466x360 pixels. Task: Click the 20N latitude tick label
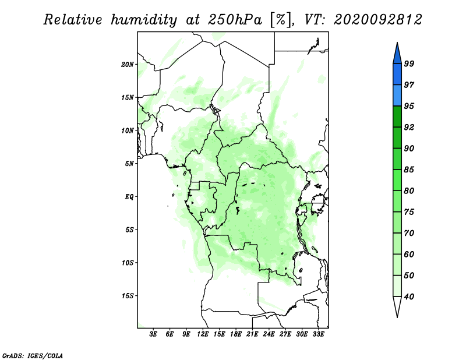[x=128, y=65]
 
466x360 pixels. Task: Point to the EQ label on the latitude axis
[x=129, y=197]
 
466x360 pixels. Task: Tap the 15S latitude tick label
[x=128, y=296]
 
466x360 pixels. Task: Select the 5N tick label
[x=129, y=164]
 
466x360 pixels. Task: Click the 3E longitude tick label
[x=153, y=334]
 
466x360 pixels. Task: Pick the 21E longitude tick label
[x=252, y=334]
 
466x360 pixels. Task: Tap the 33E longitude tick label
[x=318, y=334]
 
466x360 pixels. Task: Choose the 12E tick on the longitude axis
[x=203, y=334]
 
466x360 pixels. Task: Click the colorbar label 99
[x=409, y=63]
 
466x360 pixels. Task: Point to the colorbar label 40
[x=409, y=297]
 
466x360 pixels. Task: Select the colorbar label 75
[x=409, y=212]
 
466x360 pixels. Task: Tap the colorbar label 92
[x=409, y=127]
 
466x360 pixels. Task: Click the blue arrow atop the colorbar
[x=397, y=55]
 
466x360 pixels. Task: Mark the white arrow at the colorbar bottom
[x=397, y=305]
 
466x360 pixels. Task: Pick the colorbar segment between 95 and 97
[x=397, y=96]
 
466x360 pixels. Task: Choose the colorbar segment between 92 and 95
[x=397, y=117]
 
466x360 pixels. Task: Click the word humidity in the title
[x=144, y=20]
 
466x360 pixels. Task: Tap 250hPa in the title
[x=235, y=20]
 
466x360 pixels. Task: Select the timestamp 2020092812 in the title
[x=377, y=20]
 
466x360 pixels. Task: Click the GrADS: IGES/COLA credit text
[x=33, y=356]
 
